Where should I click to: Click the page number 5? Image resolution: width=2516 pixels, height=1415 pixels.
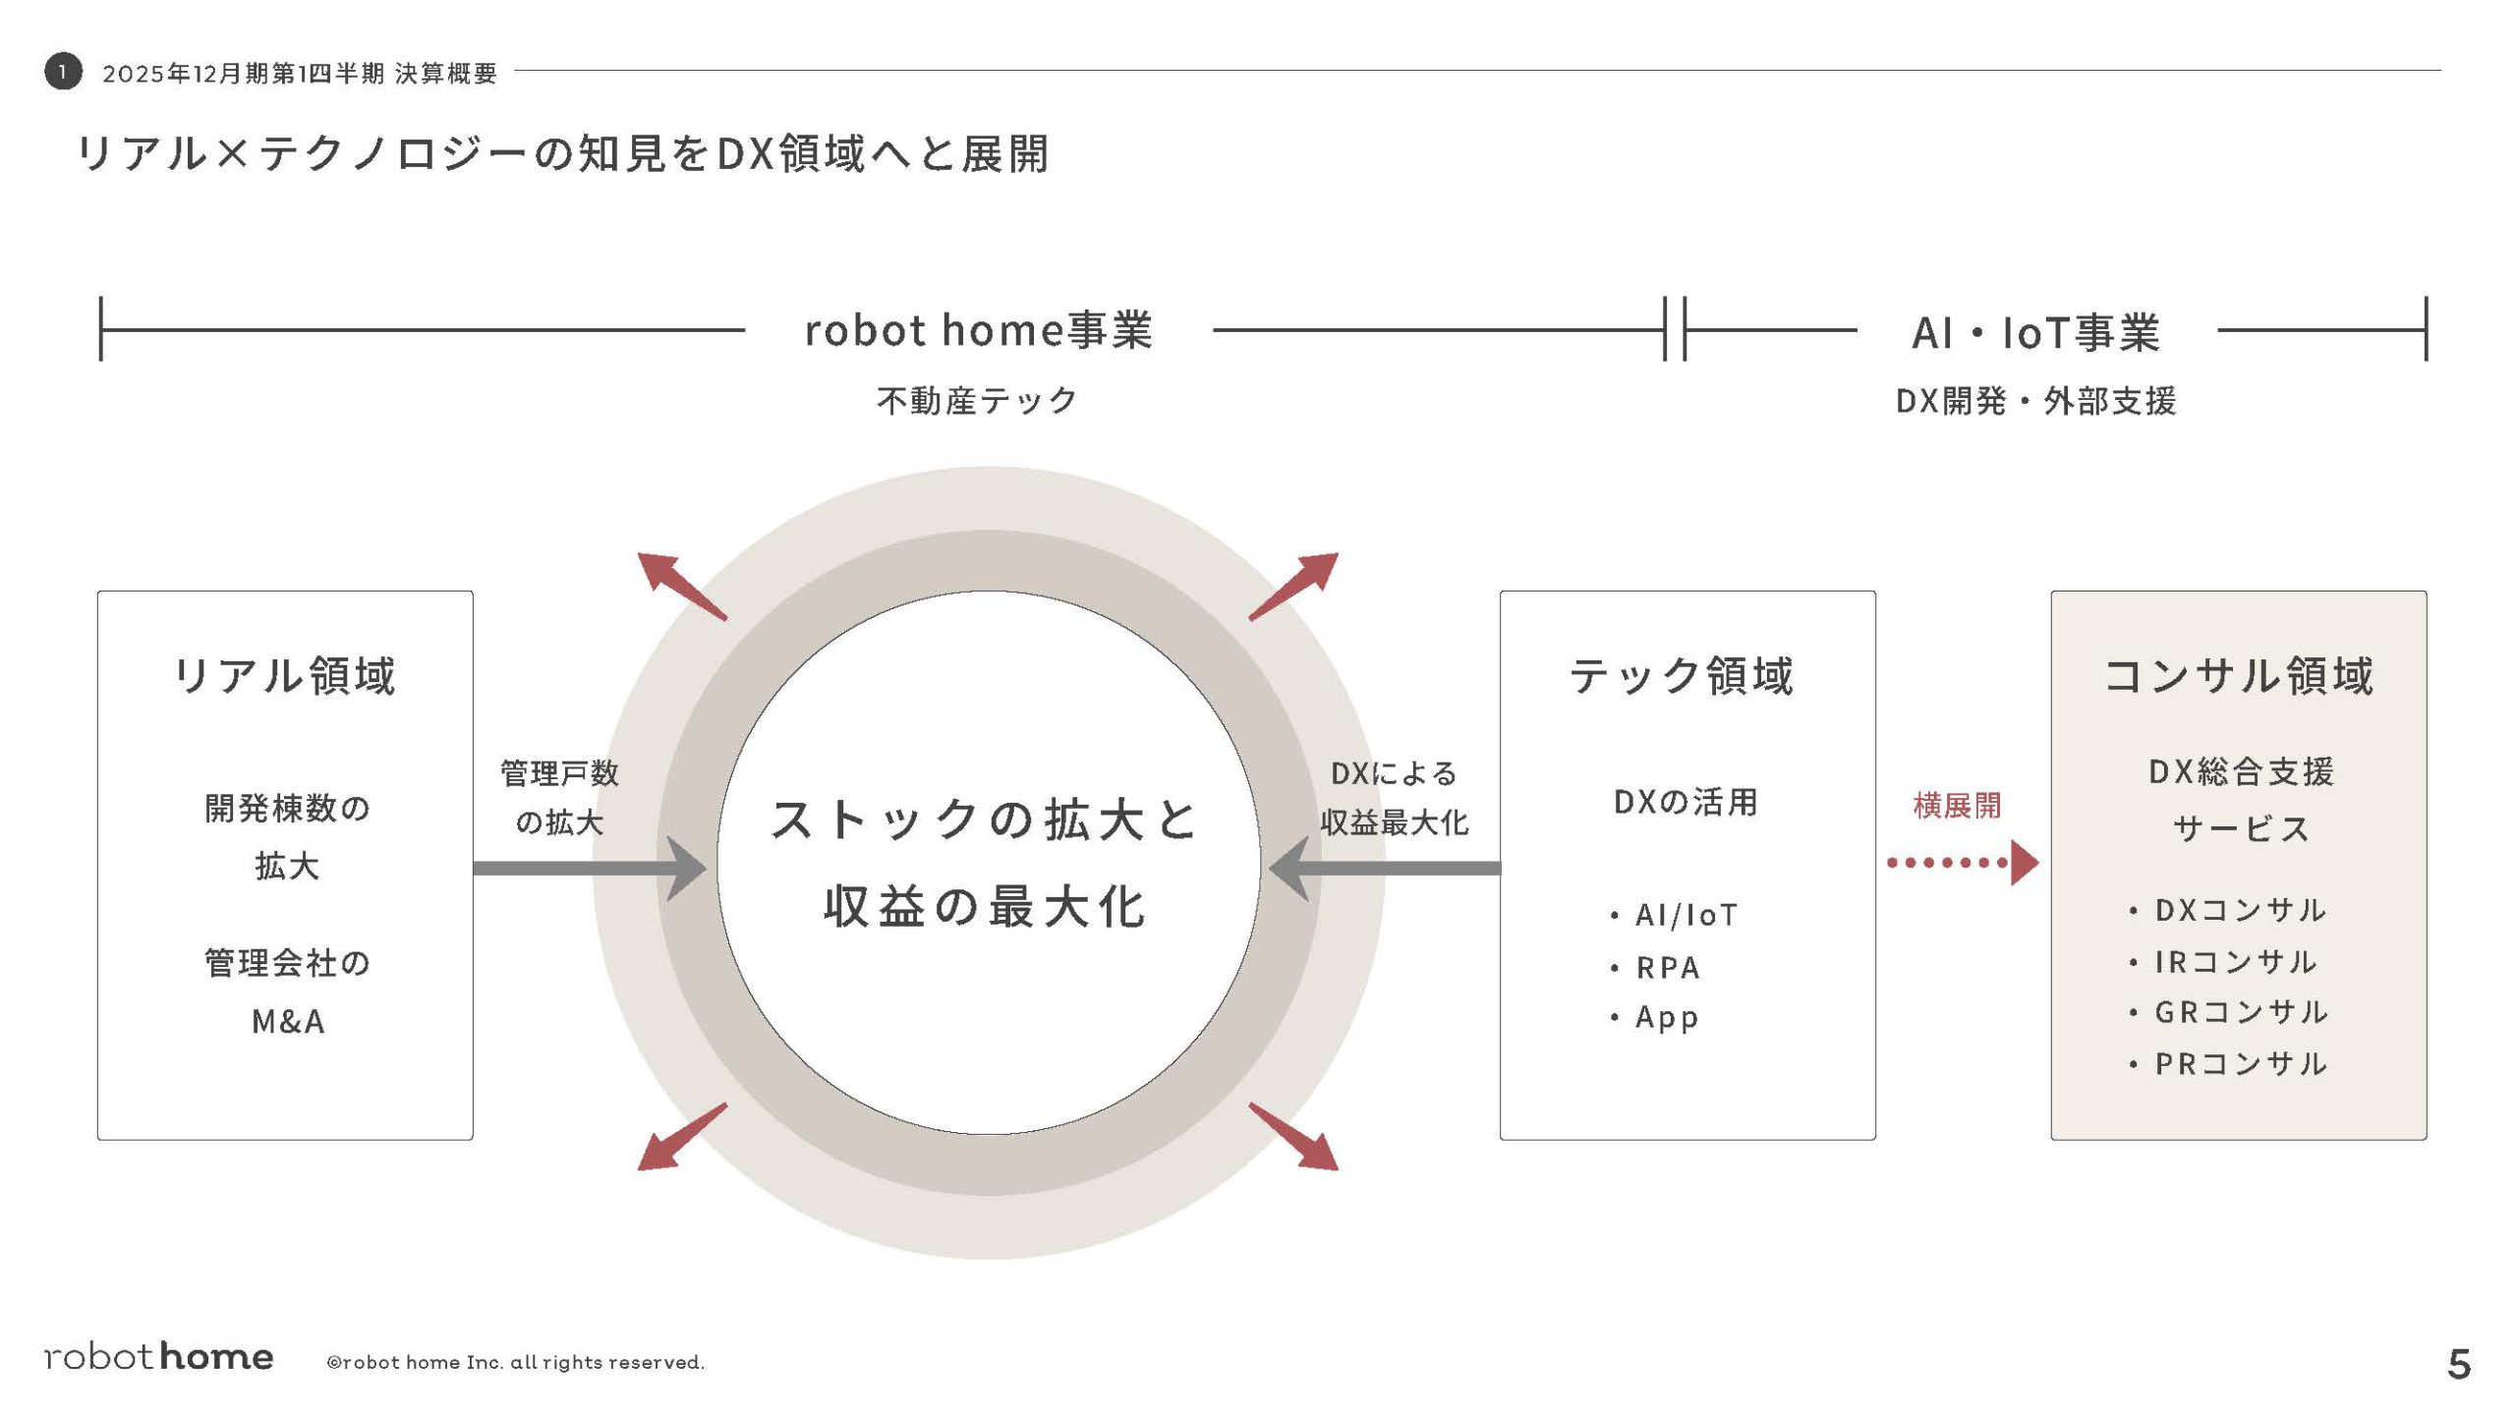pos(2458,1364)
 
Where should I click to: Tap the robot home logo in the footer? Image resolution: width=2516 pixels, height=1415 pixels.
pos(159,1357)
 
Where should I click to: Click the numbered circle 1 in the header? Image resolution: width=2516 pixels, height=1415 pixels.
pos(63,71)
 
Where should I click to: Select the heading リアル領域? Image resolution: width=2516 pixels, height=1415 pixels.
pos(285,676)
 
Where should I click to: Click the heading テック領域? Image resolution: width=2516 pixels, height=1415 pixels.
pos(1682,676)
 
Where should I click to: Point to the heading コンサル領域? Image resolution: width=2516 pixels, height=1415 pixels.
pos(2238,676)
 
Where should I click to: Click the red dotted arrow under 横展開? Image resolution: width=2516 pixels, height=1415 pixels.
pos(1962,863)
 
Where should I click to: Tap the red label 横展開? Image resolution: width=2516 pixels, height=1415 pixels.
pos(1957,806)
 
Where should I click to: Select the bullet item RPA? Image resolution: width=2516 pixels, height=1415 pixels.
pos(1668,968)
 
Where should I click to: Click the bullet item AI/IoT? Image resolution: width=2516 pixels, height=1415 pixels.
pos(1686,916)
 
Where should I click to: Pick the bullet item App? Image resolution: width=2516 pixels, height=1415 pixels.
pos(1667,1018)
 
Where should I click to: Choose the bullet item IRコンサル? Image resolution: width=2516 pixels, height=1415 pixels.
pos(2235,962)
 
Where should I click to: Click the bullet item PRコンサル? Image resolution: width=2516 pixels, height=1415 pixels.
pos(2240,1064)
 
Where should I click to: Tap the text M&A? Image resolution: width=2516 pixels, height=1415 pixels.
pos(287,1022)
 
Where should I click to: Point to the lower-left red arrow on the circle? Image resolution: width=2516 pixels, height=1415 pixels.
pos(682,1137)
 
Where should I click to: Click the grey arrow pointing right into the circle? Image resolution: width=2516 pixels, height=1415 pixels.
pos(590,868)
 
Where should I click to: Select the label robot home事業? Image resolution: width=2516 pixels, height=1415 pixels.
pos(978,331)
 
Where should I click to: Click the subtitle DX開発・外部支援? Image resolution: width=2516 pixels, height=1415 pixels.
pos(2035,401)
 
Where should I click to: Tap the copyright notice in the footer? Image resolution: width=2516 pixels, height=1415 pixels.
pos(516,1362)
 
